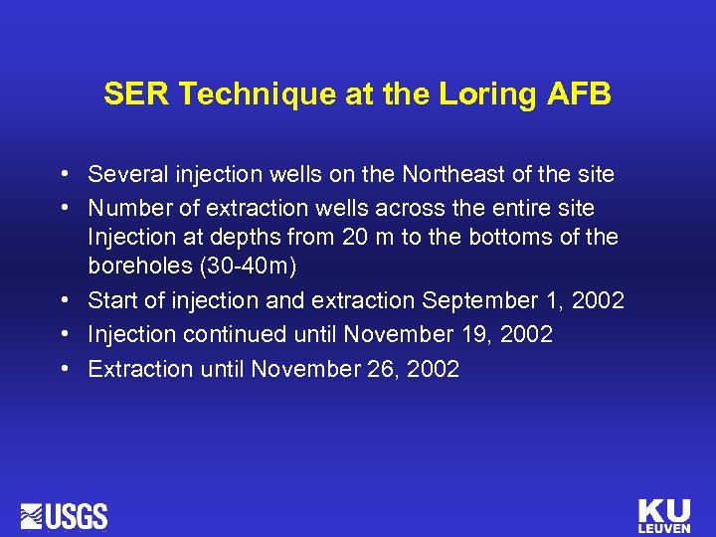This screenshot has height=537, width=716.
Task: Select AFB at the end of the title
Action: tap(581, 94)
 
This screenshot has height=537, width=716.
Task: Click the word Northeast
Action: tap(456, 175)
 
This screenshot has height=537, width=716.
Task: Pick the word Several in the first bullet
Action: tap(124, 175)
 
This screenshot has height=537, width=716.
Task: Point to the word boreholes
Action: tap(134, 268)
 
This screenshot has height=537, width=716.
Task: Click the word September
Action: tap(470, 300)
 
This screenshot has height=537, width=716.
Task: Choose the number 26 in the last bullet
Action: tap(380, 369)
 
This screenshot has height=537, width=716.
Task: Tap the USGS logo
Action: tap(65, 515)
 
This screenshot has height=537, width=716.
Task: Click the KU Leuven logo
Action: tap(663, 514)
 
